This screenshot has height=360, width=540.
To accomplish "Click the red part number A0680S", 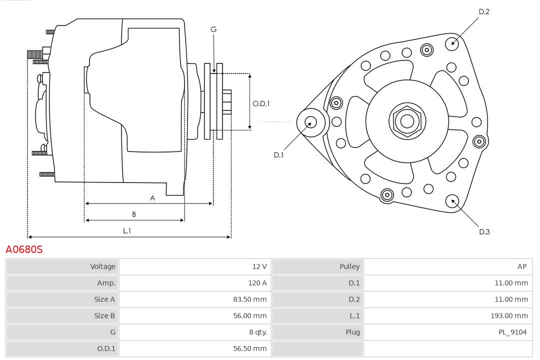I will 24,249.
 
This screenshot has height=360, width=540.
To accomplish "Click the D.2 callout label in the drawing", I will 483,11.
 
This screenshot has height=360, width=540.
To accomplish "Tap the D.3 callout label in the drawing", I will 484,231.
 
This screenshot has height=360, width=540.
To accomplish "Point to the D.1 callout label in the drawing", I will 278,155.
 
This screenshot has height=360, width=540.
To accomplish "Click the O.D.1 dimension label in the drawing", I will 261,103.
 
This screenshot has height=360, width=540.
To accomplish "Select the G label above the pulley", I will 213,29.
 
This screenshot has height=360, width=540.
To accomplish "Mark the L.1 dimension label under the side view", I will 127,230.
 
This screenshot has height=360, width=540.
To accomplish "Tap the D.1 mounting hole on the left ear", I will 311,121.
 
